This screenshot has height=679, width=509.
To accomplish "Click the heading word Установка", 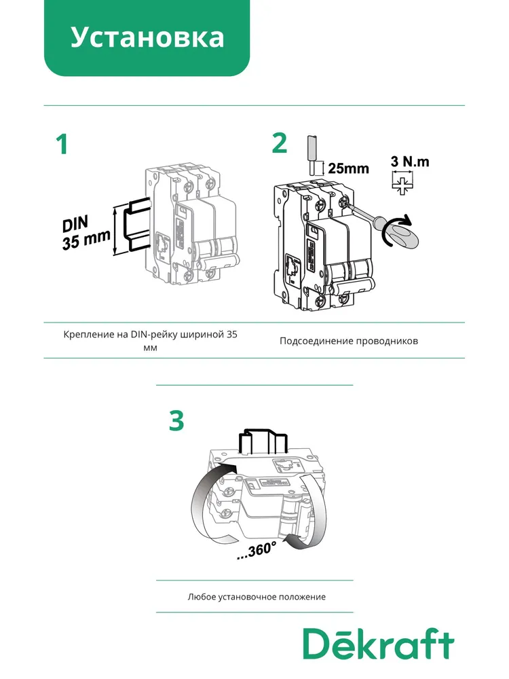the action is [147, 37].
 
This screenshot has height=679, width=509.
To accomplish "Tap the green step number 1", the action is [62, 144].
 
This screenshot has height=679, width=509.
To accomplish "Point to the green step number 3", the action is [176, 420].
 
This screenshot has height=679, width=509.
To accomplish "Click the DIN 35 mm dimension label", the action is [86, 232].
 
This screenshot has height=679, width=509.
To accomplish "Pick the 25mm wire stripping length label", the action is [348, 168].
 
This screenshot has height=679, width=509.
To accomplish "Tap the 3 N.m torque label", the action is [410, 162].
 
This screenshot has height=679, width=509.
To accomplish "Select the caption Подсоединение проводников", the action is [349, 341].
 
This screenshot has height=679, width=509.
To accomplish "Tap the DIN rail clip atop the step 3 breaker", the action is [263, 442].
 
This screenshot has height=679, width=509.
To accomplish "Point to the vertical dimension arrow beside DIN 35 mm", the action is [115, 231].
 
